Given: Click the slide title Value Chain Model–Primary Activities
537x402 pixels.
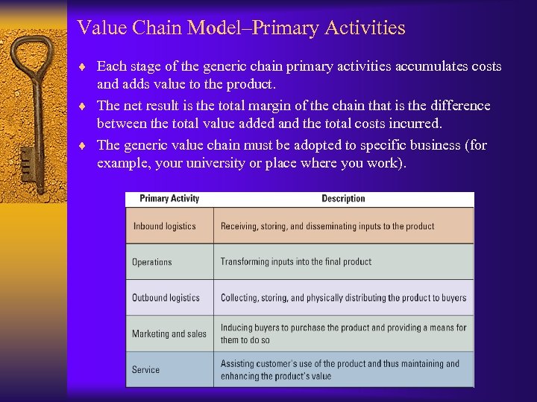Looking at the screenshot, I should pyautogui.click(x=241, y=28).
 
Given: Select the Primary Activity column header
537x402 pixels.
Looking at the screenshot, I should pyautogui.click(x=169, y=199).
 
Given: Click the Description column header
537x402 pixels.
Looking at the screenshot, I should pyautogui.click(x=343, y=199).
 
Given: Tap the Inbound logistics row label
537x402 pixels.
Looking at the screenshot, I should pyautogui.click(x=164, y=226).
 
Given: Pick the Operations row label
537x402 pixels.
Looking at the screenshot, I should pyautogui.click(x=152, y=262).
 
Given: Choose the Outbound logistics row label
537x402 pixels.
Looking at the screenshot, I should pyautogui.click(x=166, y=298).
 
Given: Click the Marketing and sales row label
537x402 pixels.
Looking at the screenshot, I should pyautogui.click(x=169, y=334).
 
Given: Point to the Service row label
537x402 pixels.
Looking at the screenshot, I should pyautogui.click(x=145, y=370).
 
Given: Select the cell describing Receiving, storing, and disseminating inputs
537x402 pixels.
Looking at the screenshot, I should pyautogui.click(x=327, y=226).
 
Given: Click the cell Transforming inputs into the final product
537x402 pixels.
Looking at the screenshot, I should pyautogui.click(x=295, y=262).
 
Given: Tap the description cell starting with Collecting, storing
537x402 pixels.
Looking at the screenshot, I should pyautogui.click(x=343, y=298).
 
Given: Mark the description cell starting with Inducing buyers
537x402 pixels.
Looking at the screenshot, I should pyautogui.click(x=343, y=334).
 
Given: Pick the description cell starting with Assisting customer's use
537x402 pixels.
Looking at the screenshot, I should pyautogui.click(x=339, y=370).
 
